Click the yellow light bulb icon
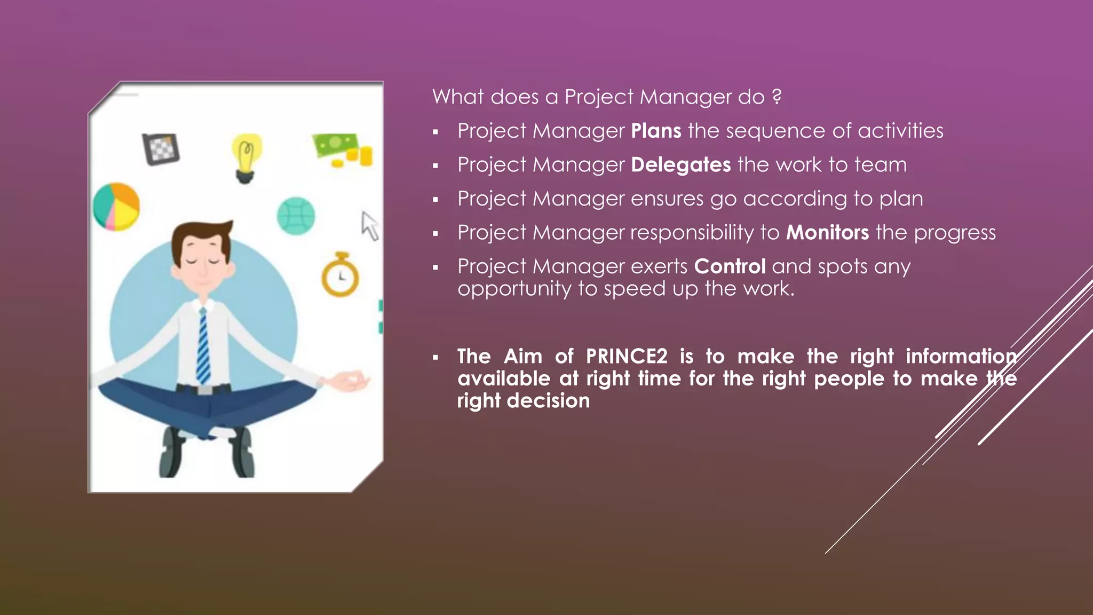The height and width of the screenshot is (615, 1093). [x=245, y=157]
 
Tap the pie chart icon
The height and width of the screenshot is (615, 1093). [x=116, y=207]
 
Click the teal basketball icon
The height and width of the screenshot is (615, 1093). [x=296, y=216]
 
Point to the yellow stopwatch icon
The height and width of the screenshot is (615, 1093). [x=340, y=275]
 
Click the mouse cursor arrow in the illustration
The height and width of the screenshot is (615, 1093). [x=369, y=225]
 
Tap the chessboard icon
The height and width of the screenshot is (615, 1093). [x=161, y=148]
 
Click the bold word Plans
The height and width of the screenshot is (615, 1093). [x=656, y=131]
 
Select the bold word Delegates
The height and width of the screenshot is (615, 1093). [x=680, y=165]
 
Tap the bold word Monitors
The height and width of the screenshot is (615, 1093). [x=827, y=233]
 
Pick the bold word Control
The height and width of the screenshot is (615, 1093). [x=730, y=266]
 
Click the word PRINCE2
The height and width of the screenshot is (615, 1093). [x=627, y=356]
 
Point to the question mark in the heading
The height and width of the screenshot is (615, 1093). [x=777, y=97]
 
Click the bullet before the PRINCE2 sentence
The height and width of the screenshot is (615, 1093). [x=435, y=357]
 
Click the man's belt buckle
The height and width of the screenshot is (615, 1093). [x=204, y=390]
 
